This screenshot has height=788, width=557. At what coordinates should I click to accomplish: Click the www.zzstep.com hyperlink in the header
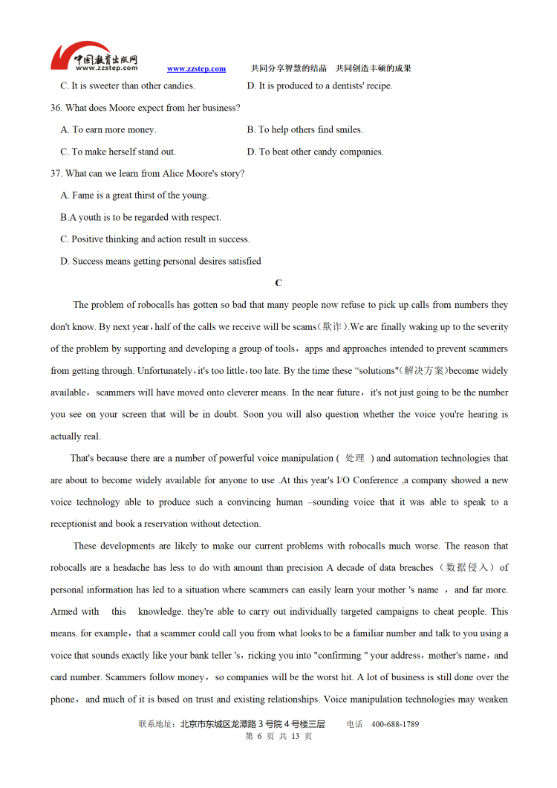click(196, 69)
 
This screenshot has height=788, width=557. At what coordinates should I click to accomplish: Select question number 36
click(56, 108)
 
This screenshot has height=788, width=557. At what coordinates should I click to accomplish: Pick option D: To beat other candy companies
click(315, 152)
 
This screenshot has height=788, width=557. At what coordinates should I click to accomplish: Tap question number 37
click(56, 173)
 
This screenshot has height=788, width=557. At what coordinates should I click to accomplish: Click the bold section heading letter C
click(278, 283)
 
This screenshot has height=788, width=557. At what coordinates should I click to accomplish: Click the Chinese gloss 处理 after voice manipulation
click(355, 459)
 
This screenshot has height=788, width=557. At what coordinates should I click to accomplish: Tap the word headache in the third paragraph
click(134, 568)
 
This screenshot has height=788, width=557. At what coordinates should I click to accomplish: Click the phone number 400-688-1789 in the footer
click(395, 724)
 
